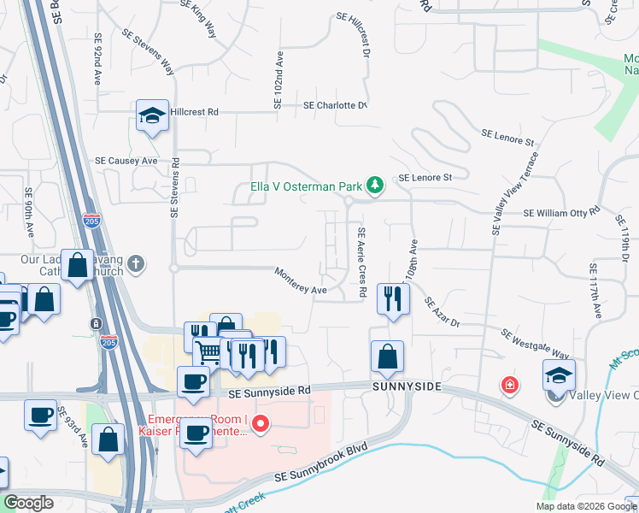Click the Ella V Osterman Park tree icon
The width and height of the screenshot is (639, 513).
[373, 184]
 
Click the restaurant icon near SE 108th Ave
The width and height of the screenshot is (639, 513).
[392, 298]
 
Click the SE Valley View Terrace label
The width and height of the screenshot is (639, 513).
[515, 193]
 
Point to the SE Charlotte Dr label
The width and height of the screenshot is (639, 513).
[336, 106]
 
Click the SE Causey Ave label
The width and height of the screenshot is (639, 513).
[126, 160]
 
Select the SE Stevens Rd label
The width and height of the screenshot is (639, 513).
[174, 187]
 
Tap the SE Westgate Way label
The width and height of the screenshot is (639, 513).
[535, 344]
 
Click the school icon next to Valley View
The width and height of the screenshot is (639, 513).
[560, 374]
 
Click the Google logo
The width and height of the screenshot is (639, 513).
[29, 503]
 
